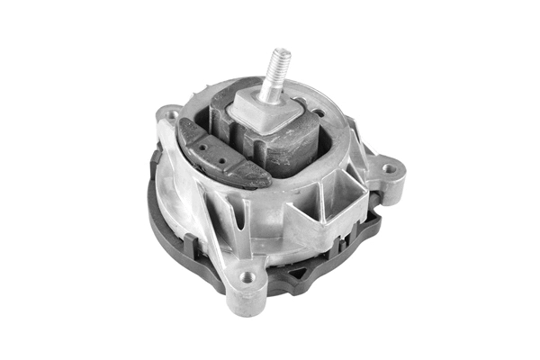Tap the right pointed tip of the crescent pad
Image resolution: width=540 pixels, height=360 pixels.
268,183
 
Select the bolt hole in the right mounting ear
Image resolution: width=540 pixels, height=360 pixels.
388,168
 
